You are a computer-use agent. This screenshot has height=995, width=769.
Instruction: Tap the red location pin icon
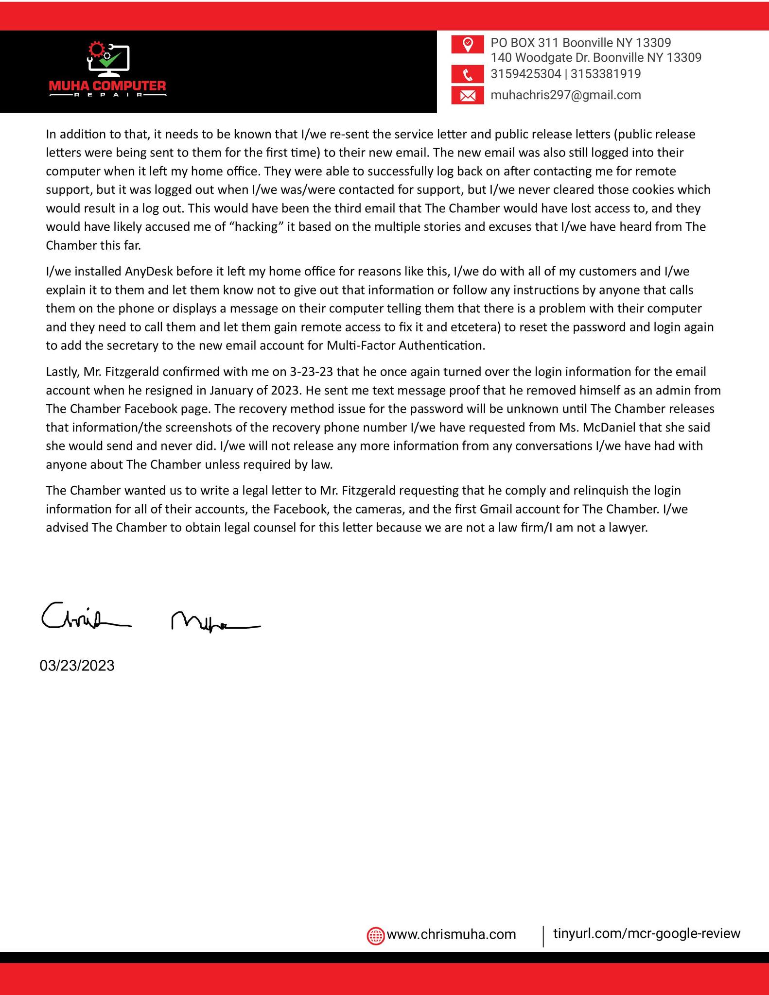(467, 44)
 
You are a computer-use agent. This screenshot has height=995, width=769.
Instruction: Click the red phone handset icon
(467, 74)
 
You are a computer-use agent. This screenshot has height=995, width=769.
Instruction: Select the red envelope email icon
(467, 96)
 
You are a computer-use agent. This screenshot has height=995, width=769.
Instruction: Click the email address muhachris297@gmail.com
(566, 95)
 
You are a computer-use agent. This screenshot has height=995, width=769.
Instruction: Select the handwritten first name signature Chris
(85, 618)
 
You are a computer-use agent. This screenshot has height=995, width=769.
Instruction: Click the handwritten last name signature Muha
(214, 622)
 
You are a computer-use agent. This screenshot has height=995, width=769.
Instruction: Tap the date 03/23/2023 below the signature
(77, 666)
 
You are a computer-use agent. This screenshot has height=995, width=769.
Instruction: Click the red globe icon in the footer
(375, 935)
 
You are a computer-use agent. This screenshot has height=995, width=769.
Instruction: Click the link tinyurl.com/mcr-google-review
(647, 933)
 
